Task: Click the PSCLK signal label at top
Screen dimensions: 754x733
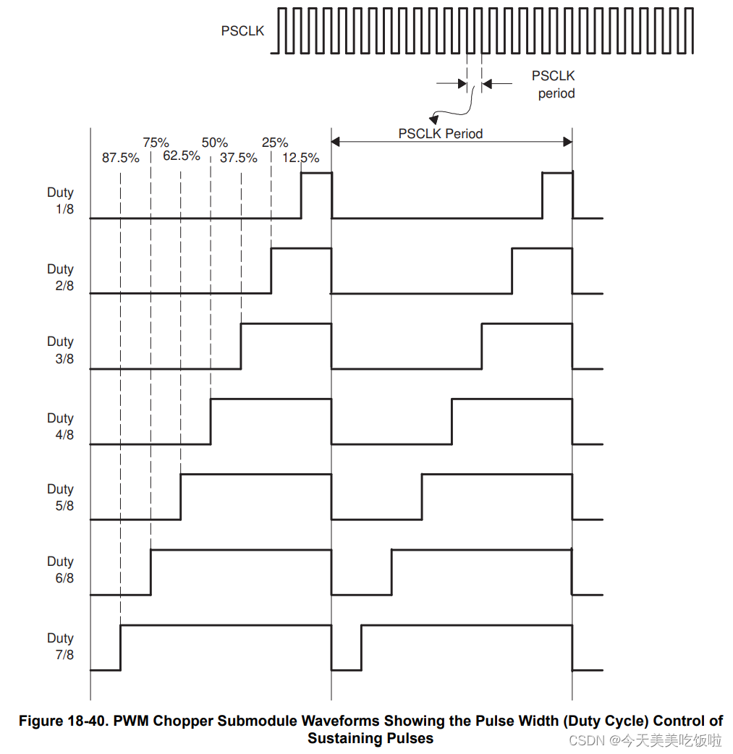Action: [242, 31]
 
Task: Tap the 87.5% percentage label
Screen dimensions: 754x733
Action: [120, 158]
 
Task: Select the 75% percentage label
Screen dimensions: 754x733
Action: [156, 143]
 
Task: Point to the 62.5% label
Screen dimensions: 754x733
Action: [181, 156]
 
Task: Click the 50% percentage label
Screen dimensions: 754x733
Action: [214, 143]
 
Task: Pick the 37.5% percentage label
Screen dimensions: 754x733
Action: [238, 158]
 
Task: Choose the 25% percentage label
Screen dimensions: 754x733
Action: [275, 143]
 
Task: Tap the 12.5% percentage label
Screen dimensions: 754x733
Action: [300, 158]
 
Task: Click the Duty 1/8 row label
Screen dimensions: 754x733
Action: [61, 201]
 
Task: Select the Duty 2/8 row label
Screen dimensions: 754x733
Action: [61, 277]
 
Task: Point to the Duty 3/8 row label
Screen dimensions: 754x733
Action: [61, 350]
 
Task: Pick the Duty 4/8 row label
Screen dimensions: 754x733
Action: [61, 426]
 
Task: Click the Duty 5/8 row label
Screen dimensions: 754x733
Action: [61, 497]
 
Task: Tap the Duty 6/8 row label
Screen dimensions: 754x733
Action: [61, 569]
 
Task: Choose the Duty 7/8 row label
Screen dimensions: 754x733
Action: [61, 646]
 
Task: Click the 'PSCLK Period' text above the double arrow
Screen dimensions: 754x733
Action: [440, 134]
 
